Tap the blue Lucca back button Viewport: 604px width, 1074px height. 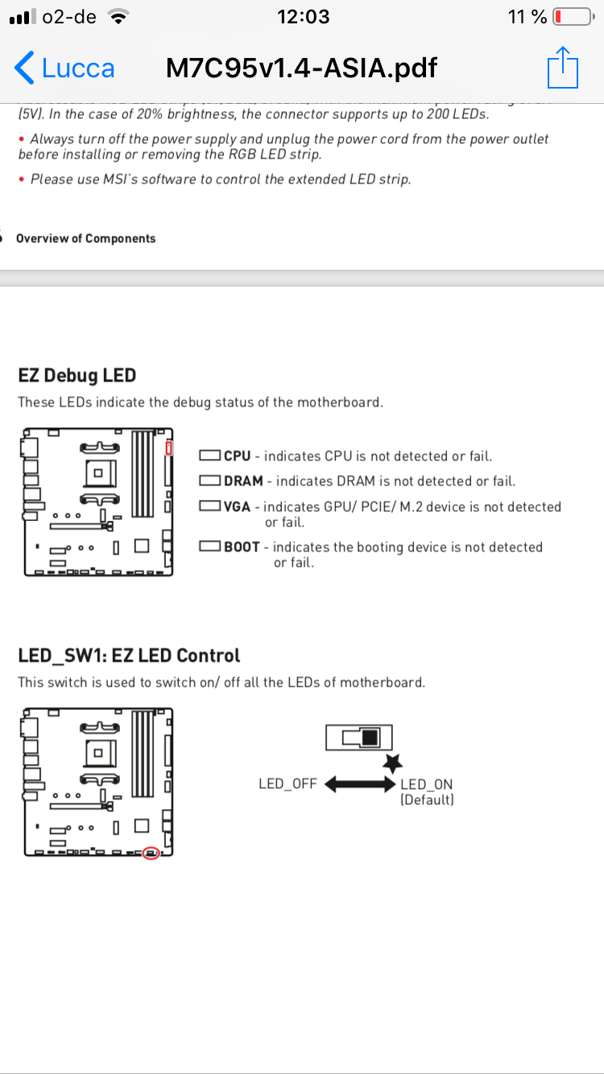click(64, 68)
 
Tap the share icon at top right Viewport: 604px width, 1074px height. click(563, 68)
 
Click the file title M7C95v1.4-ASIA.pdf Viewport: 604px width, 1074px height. click(301, 68)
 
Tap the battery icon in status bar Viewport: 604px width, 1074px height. click(573, 17)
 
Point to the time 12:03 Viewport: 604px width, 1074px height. click(302, 17)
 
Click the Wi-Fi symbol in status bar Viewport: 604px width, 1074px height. click(119, 17)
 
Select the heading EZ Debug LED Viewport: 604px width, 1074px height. click(77, 375)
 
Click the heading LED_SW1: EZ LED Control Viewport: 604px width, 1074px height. click(129, 655)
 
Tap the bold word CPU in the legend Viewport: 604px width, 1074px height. click(238, 456)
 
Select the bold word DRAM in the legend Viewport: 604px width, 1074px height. click(243, 481)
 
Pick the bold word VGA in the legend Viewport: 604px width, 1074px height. click(238, 507)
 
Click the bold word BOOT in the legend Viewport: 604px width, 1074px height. click(242, 547)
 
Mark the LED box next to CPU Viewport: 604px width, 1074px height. click(210, 456)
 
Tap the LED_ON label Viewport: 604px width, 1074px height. click(427, 784)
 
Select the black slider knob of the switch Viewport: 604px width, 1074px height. click(370, 737)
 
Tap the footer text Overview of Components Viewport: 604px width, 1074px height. click(85, 238)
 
